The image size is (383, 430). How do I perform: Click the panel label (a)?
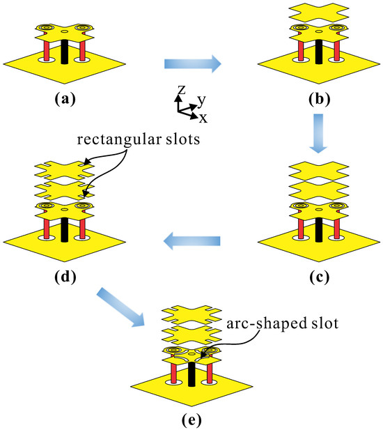point(65,98)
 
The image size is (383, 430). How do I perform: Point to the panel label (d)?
point(65,275)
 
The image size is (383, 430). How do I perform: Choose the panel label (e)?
point(191,420)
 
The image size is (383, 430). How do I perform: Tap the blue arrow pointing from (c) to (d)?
point(192,242)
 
